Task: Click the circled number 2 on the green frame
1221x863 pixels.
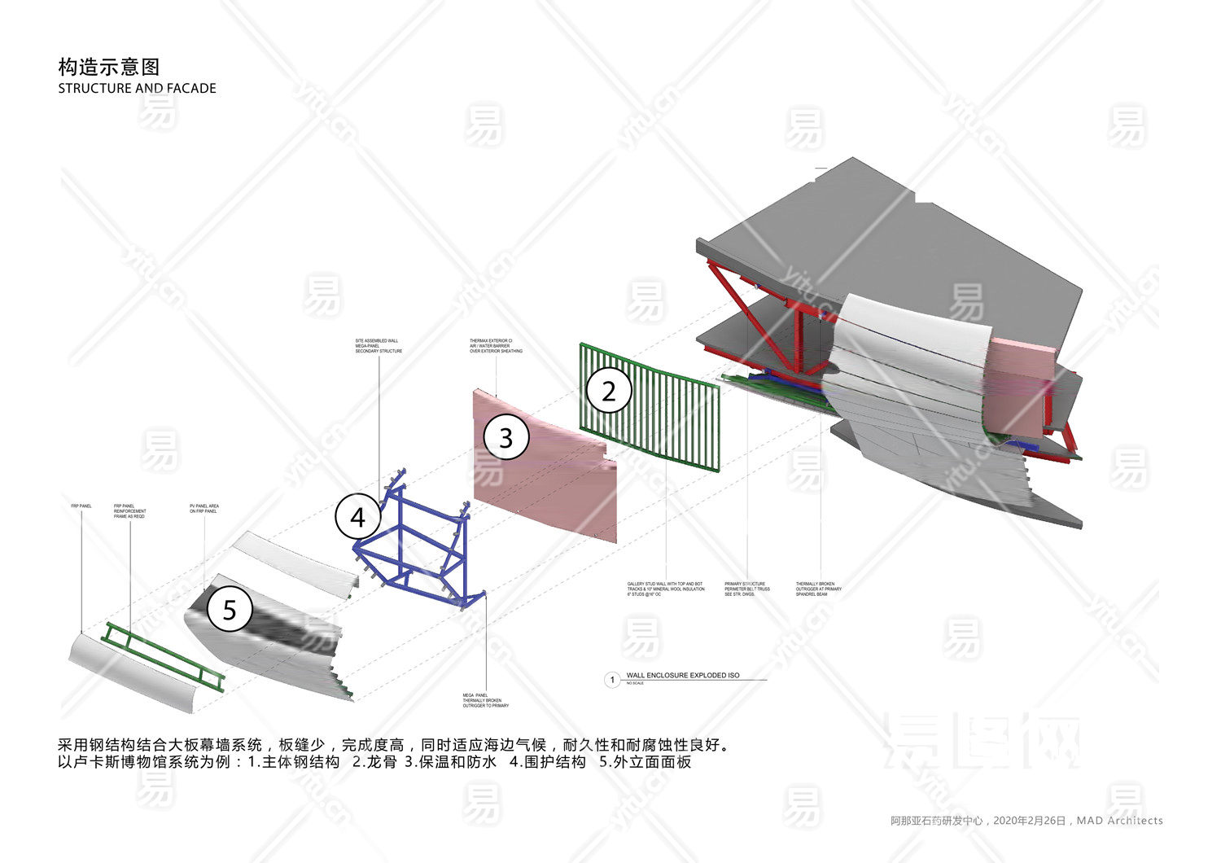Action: [x=609, y=391]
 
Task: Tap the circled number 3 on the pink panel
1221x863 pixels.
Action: [x=505, y=437]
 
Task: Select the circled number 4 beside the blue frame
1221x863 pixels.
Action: [x=357, y=516]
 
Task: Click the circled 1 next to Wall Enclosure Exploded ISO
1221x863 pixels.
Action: [x=612, y=680]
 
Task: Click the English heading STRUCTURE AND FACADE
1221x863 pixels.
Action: [x=137, y=88]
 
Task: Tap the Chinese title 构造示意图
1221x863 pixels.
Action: [x=109, y=67]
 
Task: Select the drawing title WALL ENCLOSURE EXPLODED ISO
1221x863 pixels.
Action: [x=682, y=676]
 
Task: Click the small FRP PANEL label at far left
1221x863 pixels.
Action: [x=81, y=506]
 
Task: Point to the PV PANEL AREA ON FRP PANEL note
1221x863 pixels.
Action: [x=204, y=509]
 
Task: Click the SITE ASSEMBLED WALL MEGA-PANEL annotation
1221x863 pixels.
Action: [x=379, y=346]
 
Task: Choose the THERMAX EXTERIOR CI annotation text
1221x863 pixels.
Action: [x=496, y=346]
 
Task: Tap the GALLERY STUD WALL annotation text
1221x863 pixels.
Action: [x=666, y=589]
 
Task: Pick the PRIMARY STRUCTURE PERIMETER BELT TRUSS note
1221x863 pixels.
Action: [x=746, y=589]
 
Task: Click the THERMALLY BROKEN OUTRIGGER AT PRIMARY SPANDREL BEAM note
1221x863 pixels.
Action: [x=819, y=589]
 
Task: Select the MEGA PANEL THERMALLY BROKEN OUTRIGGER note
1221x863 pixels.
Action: [x=486, y=700]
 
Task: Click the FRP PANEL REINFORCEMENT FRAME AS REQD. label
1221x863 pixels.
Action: [x=130, y=511]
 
